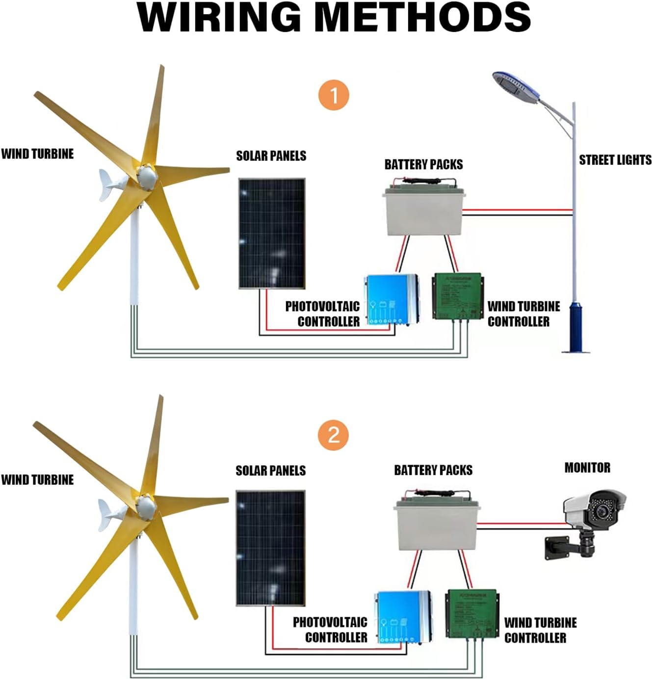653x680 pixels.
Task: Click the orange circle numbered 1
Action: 334,95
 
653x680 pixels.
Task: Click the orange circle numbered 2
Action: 334,435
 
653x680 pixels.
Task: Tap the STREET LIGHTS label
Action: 615,160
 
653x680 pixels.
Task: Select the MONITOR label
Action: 587,468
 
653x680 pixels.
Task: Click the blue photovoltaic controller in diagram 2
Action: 403,616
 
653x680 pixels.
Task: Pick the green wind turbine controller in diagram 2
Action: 471,613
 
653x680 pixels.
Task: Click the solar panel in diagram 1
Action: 272,234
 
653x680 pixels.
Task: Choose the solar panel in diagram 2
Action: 271,548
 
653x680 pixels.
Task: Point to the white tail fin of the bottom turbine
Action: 107,514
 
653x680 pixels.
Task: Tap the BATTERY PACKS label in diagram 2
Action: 433,470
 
